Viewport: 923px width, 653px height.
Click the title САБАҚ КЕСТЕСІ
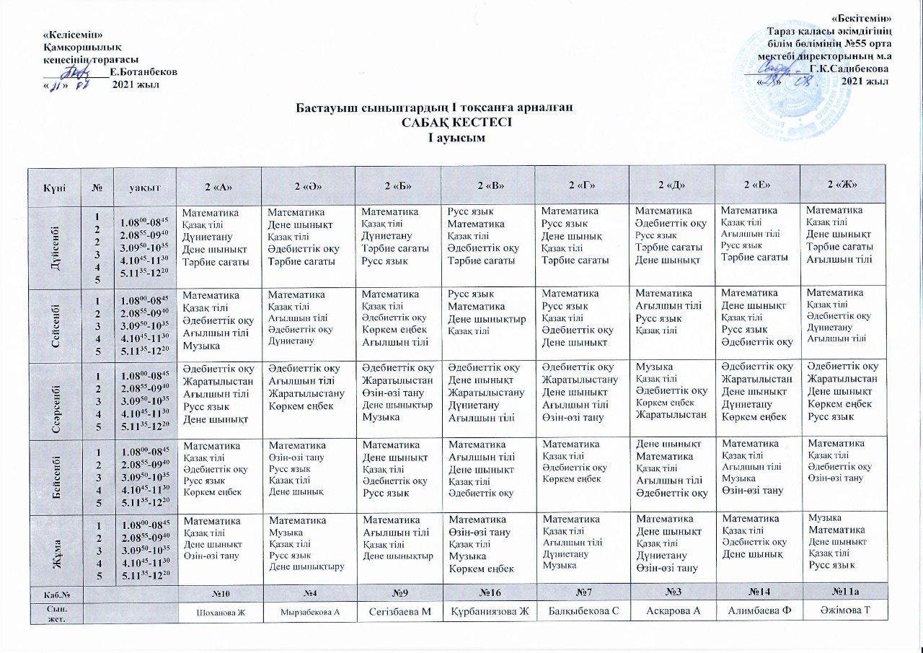[461, 123]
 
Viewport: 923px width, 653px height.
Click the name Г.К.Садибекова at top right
[849, 69]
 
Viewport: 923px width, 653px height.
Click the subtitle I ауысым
[461, 137]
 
